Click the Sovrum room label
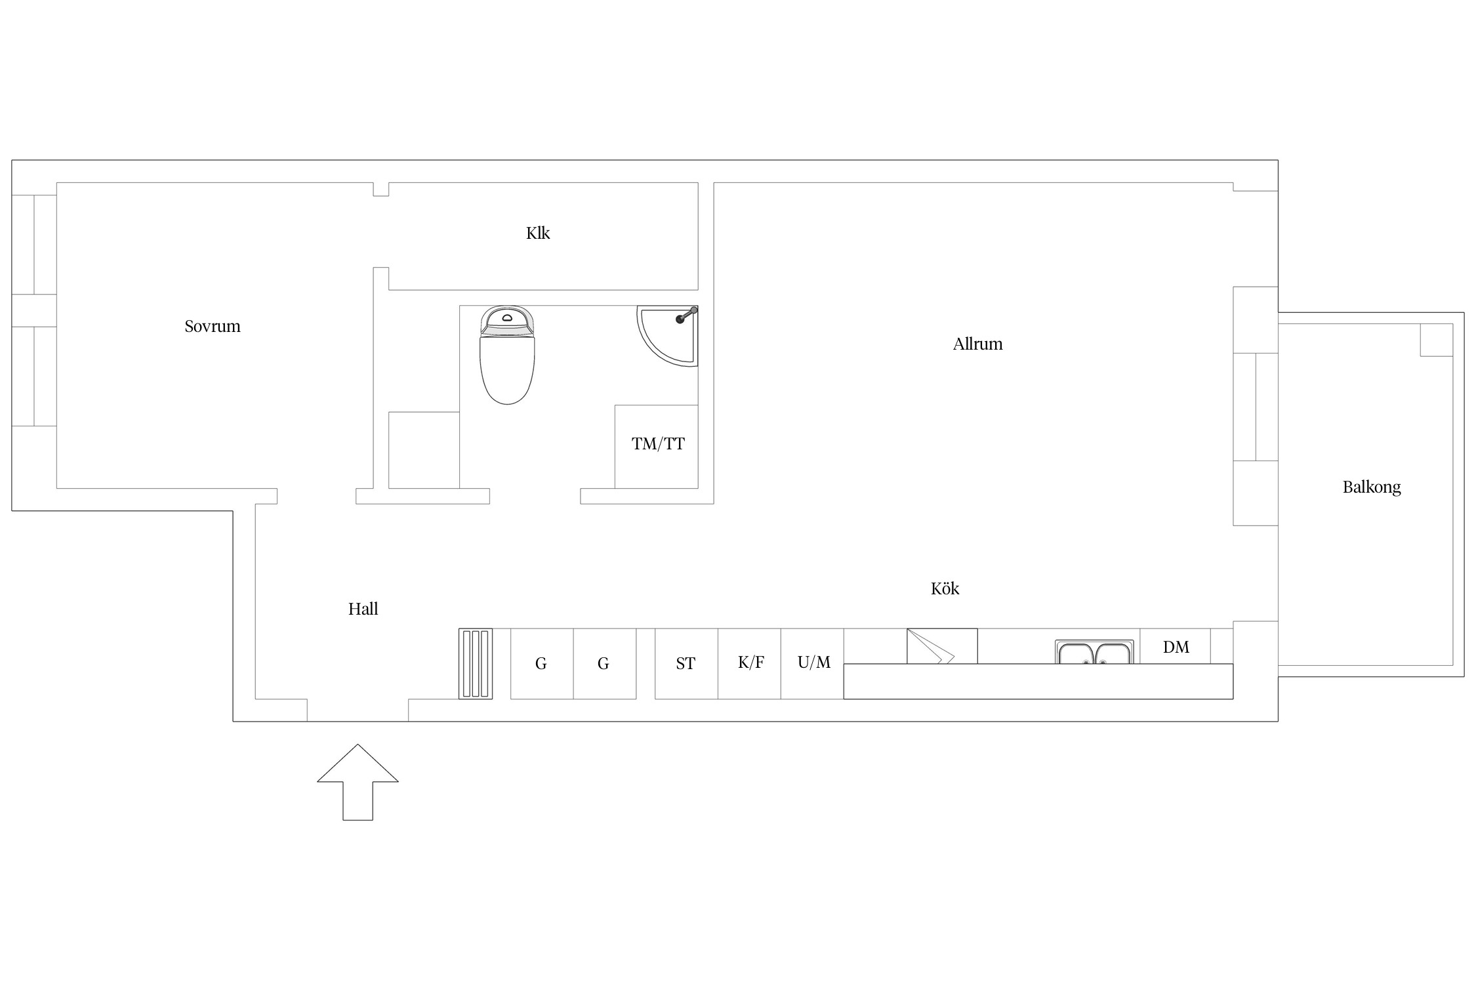[x=213, y=326]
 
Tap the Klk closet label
[x=538, y=233]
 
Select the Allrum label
[x=977, y=344]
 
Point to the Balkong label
[x=1372, y=487]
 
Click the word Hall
[x=363, y=609]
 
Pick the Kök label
[x=945, y=588]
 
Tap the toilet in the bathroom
[x=507, y=354]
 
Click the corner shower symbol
[x=668, y=335]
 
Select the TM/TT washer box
[x=656, y=447]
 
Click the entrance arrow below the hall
[x=358, y=782]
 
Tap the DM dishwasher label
[x=1176, y=647]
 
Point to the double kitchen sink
[x=1094, y=652]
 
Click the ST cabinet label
[x=686, y=664]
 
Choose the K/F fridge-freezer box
[x=749, y=664]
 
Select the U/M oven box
[x=812, y=664]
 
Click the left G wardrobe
[x=542, y=664]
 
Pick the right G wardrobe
[x=605, y=664]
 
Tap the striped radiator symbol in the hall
[x=476, y=664]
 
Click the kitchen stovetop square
[x=942, y=646]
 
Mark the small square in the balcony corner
[x=1437, y=340]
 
